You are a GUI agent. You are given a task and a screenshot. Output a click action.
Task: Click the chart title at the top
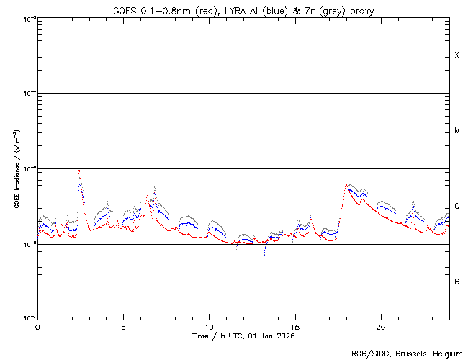pos(243,11)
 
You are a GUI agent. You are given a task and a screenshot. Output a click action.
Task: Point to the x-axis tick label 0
pos(37,326)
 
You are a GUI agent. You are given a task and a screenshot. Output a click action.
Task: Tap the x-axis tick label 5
pos(123,326)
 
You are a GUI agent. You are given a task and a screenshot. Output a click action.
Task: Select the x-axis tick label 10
pos(209,326)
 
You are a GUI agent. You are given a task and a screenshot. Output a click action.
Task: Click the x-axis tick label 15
pos(294,326)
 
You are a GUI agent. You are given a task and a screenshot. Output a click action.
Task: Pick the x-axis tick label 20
pos(380,326)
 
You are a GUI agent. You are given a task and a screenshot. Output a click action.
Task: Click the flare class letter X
pos(456,55)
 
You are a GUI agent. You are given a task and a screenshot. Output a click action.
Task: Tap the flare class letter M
pos(456,131)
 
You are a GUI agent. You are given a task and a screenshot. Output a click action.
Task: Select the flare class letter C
pos(456,207)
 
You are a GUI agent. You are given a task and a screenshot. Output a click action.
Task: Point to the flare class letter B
pos(456,282)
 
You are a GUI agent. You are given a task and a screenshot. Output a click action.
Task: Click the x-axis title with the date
pos(243,336)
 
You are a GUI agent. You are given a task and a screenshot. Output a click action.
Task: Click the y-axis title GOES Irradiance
pos(16,169)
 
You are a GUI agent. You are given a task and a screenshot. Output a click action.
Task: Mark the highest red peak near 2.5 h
pos(78,171)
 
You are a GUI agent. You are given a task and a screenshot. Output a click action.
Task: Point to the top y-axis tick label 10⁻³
pos(28,18)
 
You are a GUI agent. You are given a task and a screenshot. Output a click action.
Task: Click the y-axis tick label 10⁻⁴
pos(28,94)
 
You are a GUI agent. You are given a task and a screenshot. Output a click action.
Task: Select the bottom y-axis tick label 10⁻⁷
pos(28,318)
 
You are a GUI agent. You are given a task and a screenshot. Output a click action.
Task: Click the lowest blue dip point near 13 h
pos(264,271)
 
